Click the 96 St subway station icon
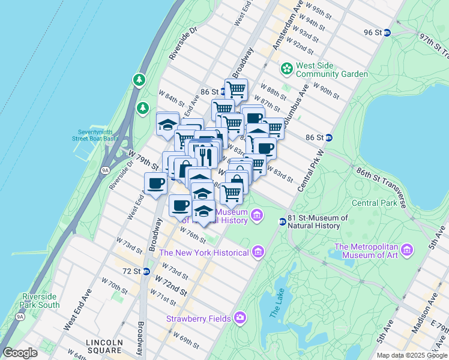point(387,33)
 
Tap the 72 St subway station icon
point(146,271)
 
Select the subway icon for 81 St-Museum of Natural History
point(282,222)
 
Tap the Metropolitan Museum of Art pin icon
point(407,249)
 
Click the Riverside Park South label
point(40,301)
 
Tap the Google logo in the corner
point(20,352)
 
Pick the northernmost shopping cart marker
point(236,89)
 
